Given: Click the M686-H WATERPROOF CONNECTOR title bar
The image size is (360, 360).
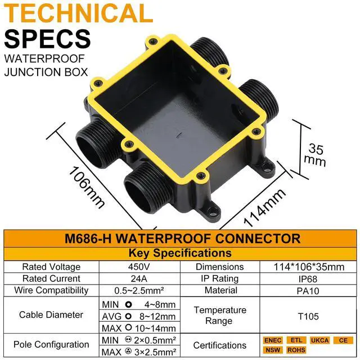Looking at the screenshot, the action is (180, 238).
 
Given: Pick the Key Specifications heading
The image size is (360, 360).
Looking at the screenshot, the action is (180, 253).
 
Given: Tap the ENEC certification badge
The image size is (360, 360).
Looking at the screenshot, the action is (272, 340).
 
